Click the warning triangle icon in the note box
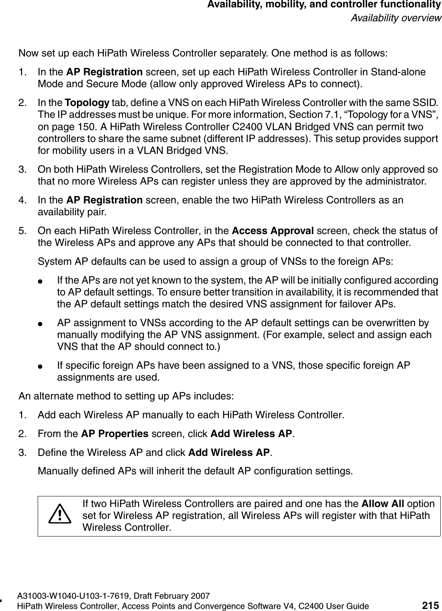coord(60,514)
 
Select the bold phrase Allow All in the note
coord(381,503)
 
